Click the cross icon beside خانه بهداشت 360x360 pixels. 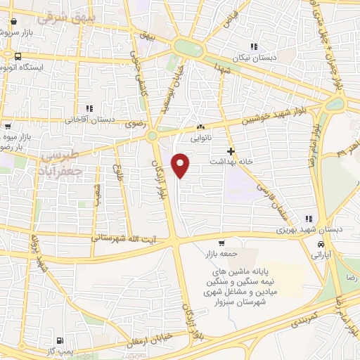click(x=231, y=151)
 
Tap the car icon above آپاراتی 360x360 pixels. click(x=321, y=244)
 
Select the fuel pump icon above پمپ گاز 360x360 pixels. click(x=67, y=342)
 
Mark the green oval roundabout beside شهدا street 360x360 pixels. click(x=188, y=48)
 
